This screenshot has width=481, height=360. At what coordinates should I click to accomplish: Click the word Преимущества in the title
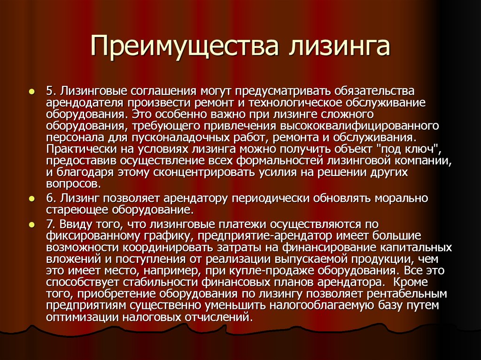click(184, 46)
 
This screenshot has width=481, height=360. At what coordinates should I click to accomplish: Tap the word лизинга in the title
click(339, 46)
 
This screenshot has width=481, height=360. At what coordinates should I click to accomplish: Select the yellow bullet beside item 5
click(31, 92)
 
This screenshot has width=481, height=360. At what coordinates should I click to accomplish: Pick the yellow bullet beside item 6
click(31, 199)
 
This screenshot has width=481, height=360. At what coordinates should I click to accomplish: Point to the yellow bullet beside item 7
click(31, 225)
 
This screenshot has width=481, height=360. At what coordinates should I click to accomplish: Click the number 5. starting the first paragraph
click(51, 91)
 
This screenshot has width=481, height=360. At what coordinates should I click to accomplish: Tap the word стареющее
click(77, 210)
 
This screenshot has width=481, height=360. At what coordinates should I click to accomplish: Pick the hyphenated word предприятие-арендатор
click(265, 236)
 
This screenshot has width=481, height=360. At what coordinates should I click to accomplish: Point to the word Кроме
click(410, 282)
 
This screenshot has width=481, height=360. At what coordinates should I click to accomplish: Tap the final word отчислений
click(219, 317)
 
